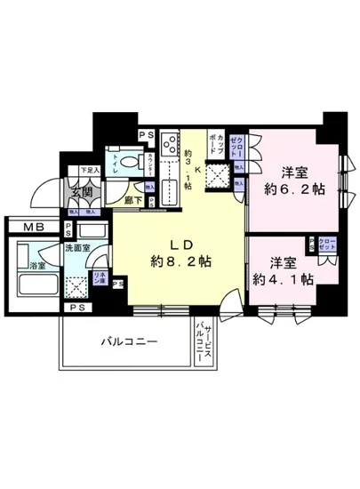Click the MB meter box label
[x=24, y=228]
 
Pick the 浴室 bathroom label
[x=37, y=266]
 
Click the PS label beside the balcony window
[x=118, y=285]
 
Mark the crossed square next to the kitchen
[x=217, y=177]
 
